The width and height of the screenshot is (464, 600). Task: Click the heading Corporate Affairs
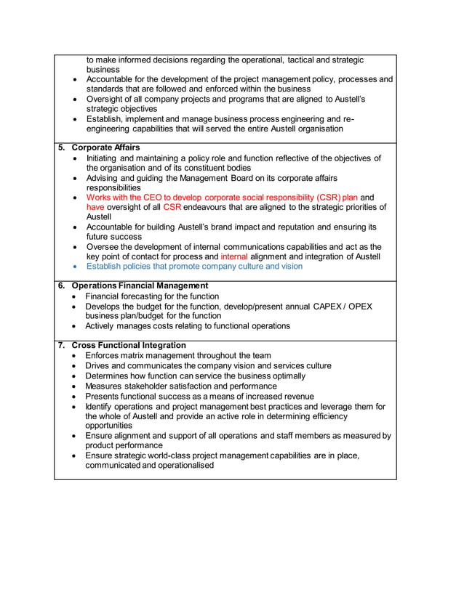106,147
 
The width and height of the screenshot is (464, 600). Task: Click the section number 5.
62,147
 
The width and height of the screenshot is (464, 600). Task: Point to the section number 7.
62,345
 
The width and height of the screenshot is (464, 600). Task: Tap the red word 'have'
96,207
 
